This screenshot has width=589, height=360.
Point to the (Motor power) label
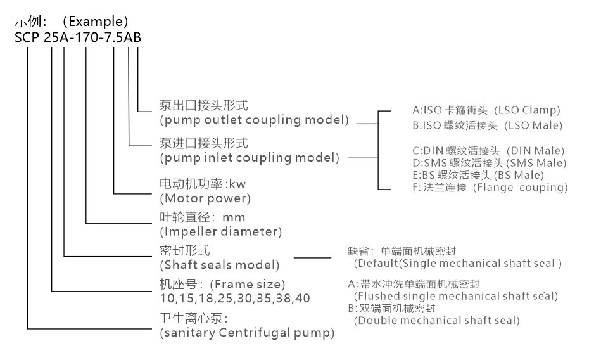tap(204, 198)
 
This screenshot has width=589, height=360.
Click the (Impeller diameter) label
tap(220, 231)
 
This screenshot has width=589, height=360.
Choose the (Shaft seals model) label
tap(218, 264)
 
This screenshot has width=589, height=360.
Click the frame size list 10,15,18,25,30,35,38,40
tap(234, 297)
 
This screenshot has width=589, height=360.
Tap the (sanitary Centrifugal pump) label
tap(246, 332)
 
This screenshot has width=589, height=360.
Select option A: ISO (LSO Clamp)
tap(486, 110)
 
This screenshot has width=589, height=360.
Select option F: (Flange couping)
tap(489, 188)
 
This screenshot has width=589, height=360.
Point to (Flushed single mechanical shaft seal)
tap(455, 295)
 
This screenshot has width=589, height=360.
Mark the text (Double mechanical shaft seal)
tap(436, 320)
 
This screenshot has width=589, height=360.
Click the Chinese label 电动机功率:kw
tap(193, 185)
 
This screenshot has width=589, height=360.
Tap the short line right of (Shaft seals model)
tap(312, 258)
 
